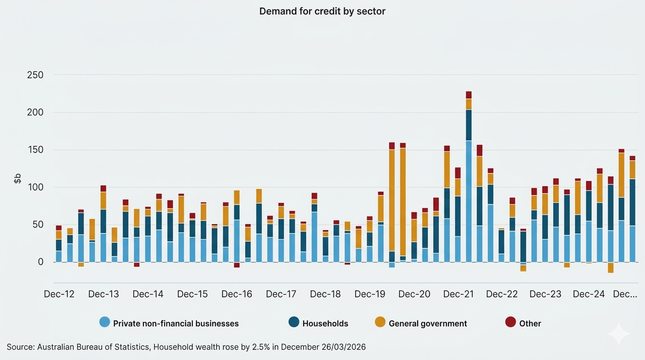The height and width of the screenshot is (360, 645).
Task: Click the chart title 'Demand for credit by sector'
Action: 322,11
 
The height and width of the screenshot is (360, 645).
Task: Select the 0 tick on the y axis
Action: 40,262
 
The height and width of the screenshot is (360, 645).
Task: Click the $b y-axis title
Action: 17,178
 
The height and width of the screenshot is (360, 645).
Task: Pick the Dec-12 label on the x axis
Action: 59,294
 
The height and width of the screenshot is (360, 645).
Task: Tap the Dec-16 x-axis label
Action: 237,294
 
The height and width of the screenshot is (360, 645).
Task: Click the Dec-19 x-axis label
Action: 370,294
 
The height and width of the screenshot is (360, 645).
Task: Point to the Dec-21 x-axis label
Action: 458,294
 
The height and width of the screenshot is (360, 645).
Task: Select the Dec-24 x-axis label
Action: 589,294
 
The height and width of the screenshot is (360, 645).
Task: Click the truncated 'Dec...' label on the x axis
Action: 625,294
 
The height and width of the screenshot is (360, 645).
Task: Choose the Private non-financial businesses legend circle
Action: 105,322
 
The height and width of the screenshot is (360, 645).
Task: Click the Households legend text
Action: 325,323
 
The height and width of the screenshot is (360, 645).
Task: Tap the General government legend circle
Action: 380,322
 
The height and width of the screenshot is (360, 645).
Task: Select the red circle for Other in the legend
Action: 510,322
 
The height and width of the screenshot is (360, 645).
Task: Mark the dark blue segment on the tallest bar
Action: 469,125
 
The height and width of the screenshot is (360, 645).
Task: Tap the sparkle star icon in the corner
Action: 619,334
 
